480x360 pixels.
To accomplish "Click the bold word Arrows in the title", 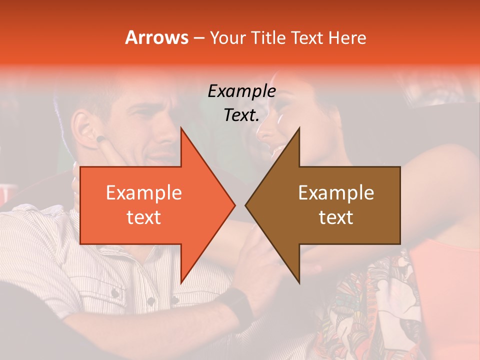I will (x=157, y=37).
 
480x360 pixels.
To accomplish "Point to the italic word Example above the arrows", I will (x=241, y=91).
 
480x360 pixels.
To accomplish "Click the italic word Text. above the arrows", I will (x=241, y=115).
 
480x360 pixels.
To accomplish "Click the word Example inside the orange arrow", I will (x=144, y=193).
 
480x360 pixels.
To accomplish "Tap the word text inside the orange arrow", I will (x=144, y=217).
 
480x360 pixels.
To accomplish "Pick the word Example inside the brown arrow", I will (x=336, y=193).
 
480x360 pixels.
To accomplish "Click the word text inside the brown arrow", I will (x=336, y=217).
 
